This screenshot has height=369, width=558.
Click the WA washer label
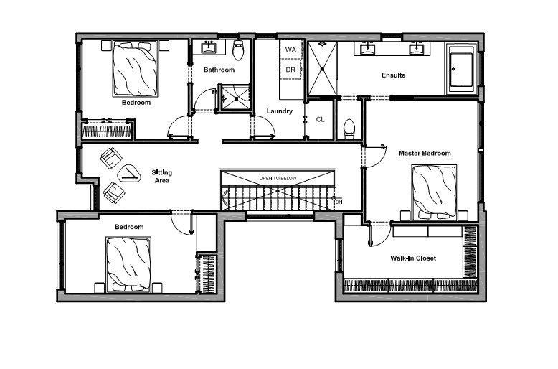click(x=290, y=50)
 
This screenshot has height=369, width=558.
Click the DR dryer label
click(x=290, y=70)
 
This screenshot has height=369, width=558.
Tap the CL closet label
click(x=321, y=119)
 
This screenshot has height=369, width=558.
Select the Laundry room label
click(x=279, y=111)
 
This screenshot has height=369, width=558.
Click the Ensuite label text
click(x=393, y=75)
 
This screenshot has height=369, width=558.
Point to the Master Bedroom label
click(x=425, y=153)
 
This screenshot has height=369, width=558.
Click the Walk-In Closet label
click(x=413, y=258)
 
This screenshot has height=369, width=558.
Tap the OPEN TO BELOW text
click(x=278, y=179)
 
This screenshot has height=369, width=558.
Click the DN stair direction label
click(x=339, y=202)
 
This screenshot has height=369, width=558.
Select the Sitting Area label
click(x=162, y=177)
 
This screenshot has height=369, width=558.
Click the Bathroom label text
click(x=219, y=70)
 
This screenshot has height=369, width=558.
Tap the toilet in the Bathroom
click(x=238, y=50)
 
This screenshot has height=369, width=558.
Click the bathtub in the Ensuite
click(x=461, y=69)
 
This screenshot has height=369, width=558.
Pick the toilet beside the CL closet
click(x=349, y=129)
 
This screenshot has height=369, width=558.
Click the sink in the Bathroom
click(x=208, y=47)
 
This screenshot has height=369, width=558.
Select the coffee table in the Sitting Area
click(x=129, y=174)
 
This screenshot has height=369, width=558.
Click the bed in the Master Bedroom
click(x=434, y=192)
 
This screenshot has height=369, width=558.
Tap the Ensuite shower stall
click(x=322, y=69)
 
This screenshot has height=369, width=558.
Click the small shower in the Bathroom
click(x=235, y=97)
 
